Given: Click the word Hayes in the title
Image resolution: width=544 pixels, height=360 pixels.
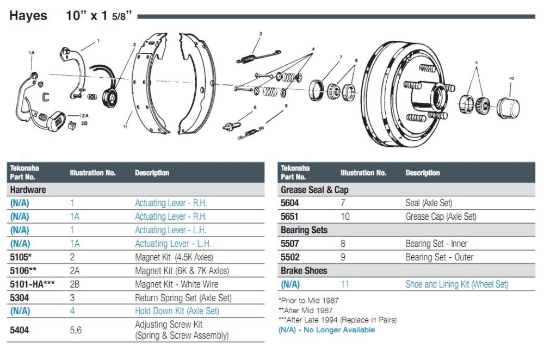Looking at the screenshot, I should (x=28, y=16).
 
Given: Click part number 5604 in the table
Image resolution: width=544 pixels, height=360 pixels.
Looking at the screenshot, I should (x=290, y=203).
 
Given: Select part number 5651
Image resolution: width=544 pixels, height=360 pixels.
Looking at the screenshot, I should (x=290, y=216).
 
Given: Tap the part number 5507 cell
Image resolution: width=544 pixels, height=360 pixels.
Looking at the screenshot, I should (x=290, y=244).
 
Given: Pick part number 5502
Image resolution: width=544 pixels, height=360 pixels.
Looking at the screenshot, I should (x=290, y=257).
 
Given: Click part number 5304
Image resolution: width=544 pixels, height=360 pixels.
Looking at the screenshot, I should (x=20, y=297).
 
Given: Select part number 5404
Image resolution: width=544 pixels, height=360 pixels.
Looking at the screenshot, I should (x=20, y=330).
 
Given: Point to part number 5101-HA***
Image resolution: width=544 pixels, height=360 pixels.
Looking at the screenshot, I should (x=33, y=284).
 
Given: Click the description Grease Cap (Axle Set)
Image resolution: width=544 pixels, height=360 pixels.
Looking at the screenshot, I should (x=441, y=216).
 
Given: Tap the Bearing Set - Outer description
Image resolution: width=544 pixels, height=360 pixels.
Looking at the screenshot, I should (x=440, y=257).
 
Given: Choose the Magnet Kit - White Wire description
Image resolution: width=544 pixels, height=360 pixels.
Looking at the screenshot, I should (x=176, y=284).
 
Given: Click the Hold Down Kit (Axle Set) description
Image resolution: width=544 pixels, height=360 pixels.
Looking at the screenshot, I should (x=177, y=311).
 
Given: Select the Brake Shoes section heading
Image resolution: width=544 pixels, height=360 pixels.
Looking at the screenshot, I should (x=304, y=270).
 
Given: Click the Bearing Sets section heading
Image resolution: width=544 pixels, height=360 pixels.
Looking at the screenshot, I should (x=304, y=230).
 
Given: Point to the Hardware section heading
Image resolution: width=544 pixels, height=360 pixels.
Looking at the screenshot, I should (x=28, y=190).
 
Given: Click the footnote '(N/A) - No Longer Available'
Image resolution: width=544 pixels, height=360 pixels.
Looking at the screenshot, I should (x=326, y=330).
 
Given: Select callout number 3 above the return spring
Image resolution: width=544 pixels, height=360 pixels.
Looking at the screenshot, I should (x=261, y=34).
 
